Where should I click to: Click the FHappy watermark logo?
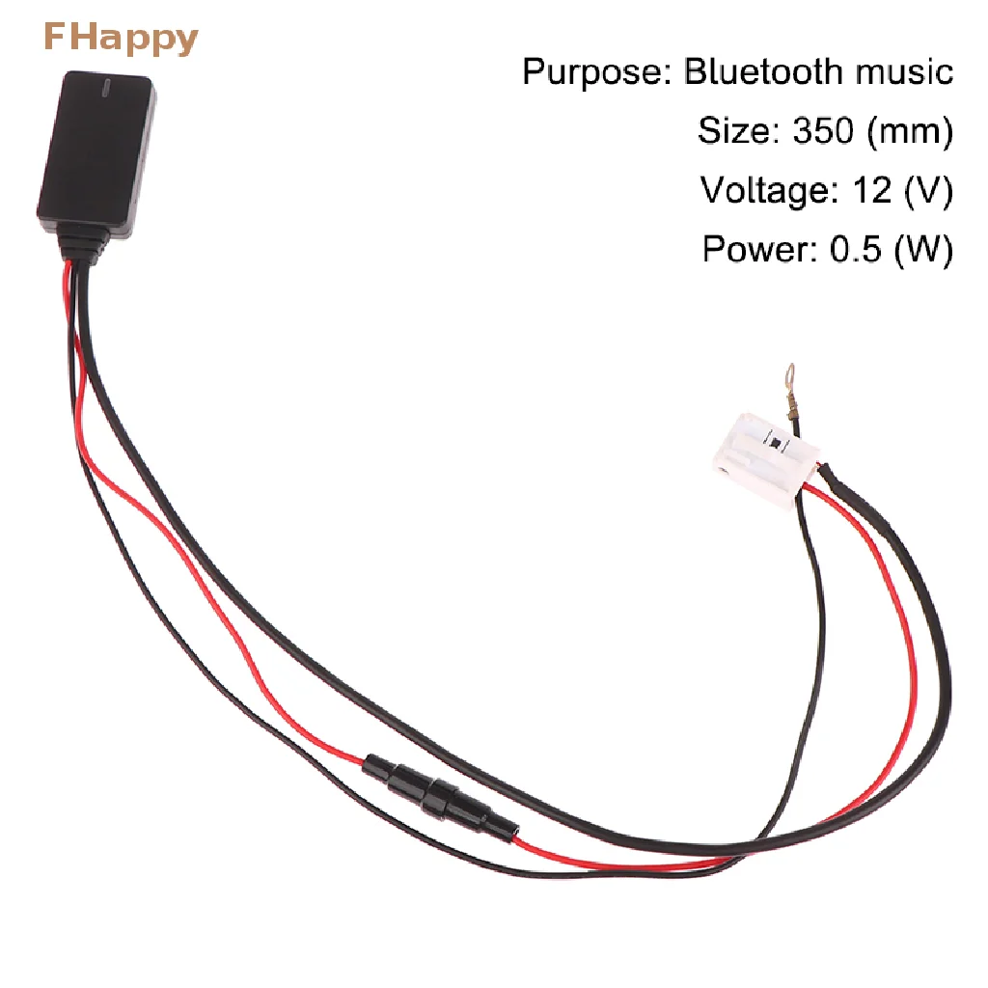[121, 39]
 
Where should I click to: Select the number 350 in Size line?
[823, 130]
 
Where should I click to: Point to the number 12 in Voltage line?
[871, 190]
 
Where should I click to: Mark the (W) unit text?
[923, 249]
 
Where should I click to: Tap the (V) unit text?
[927, 190]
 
